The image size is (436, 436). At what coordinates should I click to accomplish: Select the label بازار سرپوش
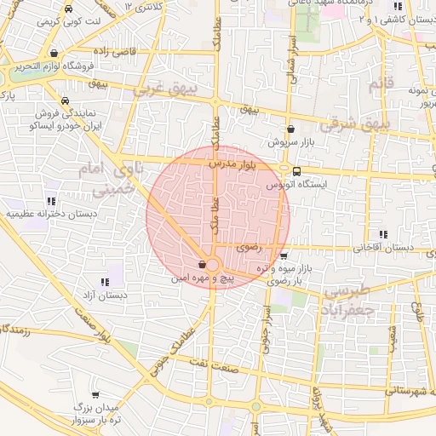(x=288, y=142)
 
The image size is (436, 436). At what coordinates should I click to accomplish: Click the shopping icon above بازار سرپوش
(x=291, y=129)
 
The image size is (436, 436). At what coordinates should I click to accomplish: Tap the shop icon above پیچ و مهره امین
(x=201, y=264)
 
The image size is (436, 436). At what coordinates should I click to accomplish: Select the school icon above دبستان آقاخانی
(x=383, y=234)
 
